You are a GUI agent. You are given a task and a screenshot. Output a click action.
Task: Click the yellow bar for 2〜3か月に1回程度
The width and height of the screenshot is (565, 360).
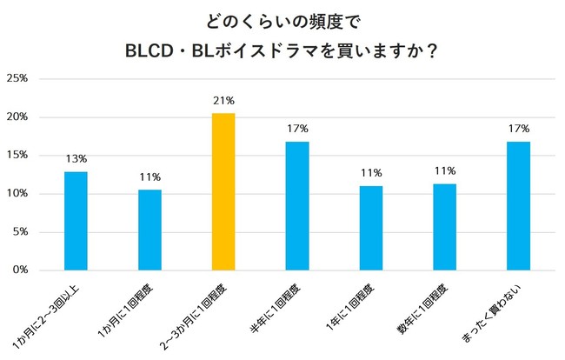pyautogui.click(x=223, y=191)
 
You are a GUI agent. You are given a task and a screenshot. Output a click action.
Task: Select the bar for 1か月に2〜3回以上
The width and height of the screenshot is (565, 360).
pyautogui.click(x=76, y=221)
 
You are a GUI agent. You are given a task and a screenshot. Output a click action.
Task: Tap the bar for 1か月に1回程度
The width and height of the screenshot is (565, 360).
pyautogui.click(x=150, y=230)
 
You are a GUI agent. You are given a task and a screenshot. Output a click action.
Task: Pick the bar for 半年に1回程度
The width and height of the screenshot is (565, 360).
pyautogui.click(x=297, y=205)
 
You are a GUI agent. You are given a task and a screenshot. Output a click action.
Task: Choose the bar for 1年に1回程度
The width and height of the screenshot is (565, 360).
pyautogui.click(x=371, y=228)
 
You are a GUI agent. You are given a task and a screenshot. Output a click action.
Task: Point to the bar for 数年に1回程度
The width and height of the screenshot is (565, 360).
pyautogui.click(x=445, y=227)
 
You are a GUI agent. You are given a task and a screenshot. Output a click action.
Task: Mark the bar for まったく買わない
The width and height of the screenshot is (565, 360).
pyautogui.click(x=519, y=205)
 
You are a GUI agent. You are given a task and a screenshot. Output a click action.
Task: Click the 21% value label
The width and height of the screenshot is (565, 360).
pyautogui.click(x=223, y=100)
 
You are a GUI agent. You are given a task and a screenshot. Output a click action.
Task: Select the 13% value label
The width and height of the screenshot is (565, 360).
pyautogui.click(x=76, y=158)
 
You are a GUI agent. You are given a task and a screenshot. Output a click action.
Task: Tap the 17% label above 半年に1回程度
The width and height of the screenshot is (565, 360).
pyautogui.click(x=297, y=129)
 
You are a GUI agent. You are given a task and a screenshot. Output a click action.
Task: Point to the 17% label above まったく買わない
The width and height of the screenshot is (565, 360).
pyautogui.click(x=519, y=129)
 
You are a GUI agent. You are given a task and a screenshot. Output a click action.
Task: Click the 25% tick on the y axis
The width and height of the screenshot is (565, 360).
pyautogui.click(x=17, y=78)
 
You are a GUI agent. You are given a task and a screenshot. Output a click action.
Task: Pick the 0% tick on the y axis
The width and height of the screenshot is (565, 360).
pyautogui.click(x=20, y=270)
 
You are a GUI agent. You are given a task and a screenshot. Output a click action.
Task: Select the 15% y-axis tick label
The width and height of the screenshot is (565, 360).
pyautogui.click(x=17, y=155)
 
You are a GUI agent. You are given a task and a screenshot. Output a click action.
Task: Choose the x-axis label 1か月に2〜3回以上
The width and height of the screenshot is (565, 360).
pyautogui.click(x=59, y=315)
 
